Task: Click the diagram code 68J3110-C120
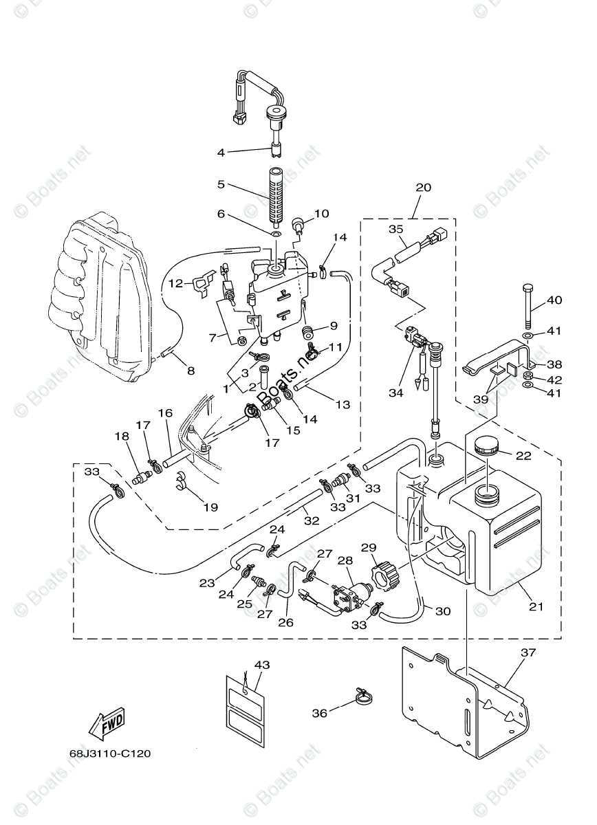tap(100, 753)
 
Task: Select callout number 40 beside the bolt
tap(555, 300)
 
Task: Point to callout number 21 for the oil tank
tap(536, 606)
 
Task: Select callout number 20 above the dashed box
tap(423, 187)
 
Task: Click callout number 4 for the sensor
tap(221, 152)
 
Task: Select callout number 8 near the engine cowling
tap(191, 371)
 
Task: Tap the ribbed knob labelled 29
tap(382, 570)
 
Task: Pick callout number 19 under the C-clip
tap(210, 507)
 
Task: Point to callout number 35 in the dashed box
tap(395, 229)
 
